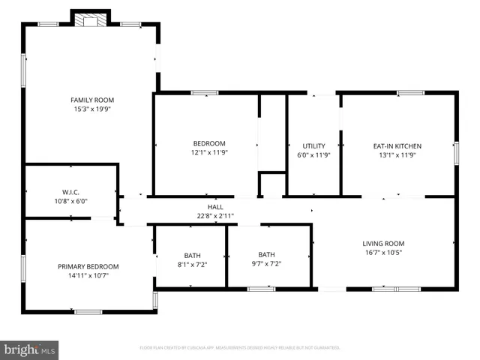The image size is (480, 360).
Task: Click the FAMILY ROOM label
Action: [91, 100]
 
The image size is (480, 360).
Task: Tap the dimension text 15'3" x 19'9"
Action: [91, 109]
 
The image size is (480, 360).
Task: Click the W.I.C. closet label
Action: [70, 192]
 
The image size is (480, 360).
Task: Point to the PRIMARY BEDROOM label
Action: [88, 266]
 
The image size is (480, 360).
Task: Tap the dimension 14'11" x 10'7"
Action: [88, 275]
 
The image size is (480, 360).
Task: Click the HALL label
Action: [215, 207]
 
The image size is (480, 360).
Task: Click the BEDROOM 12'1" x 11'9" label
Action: [209, 143]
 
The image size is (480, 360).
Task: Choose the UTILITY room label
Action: [313, 145]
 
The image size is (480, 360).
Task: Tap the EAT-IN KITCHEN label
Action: [397, 145]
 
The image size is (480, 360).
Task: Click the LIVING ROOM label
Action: [383, 243]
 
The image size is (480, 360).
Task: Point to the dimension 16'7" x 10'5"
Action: [383, 253]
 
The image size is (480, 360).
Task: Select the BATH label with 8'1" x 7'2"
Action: [193, 255]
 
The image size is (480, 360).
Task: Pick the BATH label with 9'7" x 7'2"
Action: [267, 255]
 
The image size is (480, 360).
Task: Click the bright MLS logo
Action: [30, 349]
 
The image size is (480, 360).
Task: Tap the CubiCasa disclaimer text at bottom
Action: [240, 348]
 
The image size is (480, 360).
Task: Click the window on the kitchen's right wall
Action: [455, 152]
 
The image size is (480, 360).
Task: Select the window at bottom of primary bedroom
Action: [88, 310]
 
